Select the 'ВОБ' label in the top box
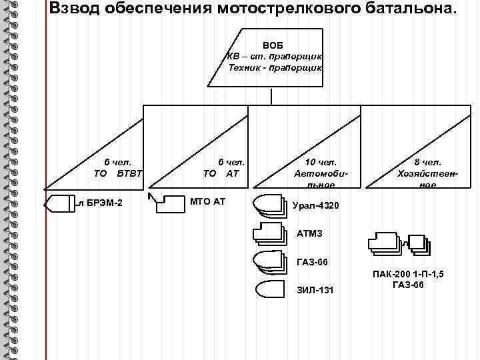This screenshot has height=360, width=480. pyautogui.click(x=273, y=45)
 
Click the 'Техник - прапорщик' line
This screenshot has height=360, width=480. pyautogui.click(x=275, y=67)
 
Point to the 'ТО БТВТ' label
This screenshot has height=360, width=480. pyautogui.click(x=119, y=174)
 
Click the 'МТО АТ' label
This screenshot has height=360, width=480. pyautogui.click(x=207, y=201)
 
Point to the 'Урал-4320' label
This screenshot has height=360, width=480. pyautogui.click(x=315, y=205)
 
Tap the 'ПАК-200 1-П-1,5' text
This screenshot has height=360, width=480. pyautogui.click(x=408, y=275)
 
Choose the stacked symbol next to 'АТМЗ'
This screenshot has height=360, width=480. pyautogui.click(x=269, y=233)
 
